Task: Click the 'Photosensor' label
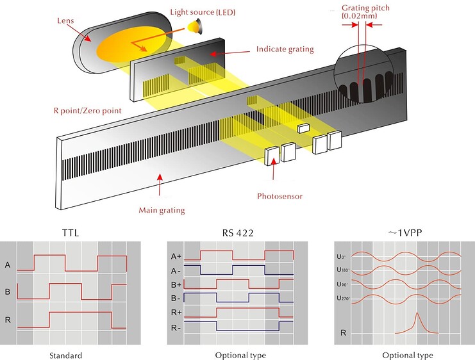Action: pos(279,196)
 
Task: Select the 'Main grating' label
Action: pos(162,209)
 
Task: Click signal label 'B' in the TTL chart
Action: pos(8,291)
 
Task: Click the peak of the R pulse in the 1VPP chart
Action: pos(417,313)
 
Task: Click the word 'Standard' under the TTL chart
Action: pos(64,355)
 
